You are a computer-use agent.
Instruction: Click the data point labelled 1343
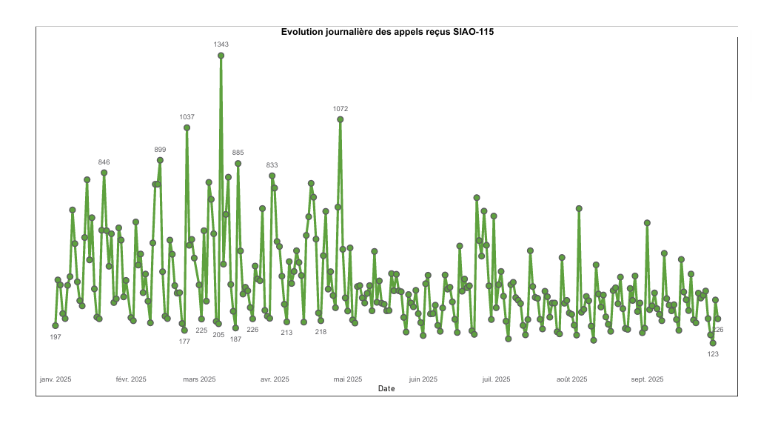221,56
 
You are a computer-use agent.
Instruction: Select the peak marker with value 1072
341,119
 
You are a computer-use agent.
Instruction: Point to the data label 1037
187,117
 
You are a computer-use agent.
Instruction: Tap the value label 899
160,150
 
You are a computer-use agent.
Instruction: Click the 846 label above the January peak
104,162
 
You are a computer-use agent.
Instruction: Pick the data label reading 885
238,153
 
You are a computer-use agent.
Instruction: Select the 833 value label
272,165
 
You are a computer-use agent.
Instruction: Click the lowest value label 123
714,354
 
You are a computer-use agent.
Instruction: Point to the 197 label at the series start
56,337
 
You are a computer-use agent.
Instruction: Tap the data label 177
184,342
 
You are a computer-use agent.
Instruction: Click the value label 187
235,339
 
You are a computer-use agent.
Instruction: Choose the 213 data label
286,333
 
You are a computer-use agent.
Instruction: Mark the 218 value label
321,332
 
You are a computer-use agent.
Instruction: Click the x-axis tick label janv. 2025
56,379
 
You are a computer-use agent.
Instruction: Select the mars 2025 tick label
199,379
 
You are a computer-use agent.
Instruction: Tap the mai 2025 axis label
348,379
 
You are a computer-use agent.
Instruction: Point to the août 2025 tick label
571,379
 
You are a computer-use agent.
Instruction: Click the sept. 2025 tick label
647,379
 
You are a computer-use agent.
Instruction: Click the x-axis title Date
386,388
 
